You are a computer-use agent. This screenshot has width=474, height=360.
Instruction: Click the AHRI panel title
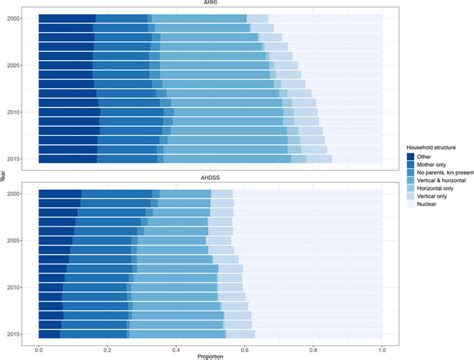pyautogui.click(x=210, y=5)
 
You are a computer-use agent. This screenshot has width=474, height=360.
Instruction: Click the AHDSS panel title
pyautogui.click(x=210, y=181)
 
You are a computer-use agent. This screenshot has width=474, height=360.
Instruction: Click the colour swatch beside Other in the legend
pyautogui.click(x=398, y=155)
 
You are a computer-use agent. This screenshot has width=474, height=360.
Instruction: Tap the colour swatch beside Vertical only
pyautogui.click(x=398, y=198)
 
